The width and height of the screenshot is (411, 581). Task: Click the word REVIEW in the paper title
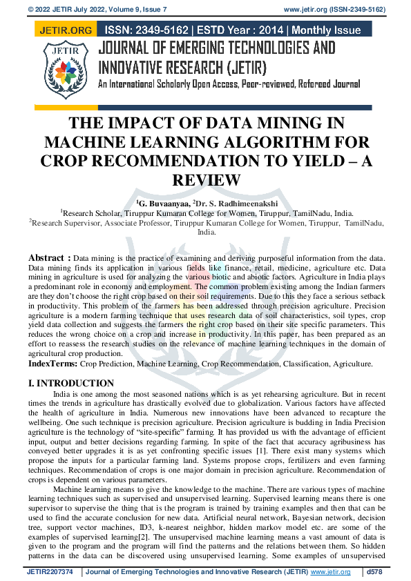pyautogui.click(x=205, y=180)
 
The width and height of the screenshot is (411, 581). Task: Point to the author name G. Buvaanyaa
pyautogui.click(x=164, y=205)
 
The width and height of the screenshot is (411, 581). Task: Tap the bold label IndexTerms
pyautogui.click(x=52, y=363)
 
